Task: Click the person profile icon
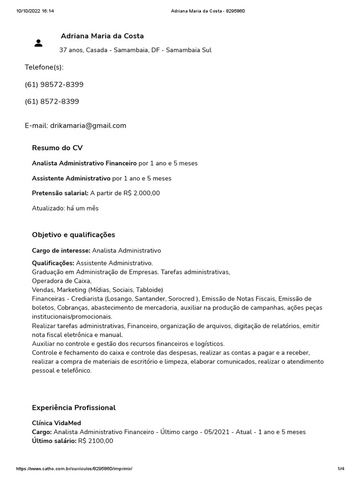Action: point(38,43)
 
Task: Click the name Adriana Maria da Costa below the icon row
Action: point(102,36)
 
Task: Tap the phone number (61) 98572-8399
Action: point(54,84)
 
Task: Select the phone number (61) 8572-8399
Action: point(52,101)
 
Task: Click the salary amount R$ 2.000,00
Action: point(142,193)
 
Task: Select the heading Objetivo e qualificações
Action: point(73,235)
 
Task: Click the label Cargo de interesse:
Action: point(61,251)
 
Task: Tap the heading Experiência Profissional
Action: point(74,408)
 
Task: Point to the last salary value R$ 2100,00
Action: point(96,441)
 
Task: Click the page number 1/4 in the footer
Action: point(341,469)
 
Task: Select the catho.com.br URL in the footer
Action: point(77,469)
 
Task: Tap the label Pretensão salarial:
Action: point(60,193)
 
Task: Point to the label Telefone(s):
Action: point(44,67)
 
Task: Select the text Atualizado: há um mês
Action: point(65,208)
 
